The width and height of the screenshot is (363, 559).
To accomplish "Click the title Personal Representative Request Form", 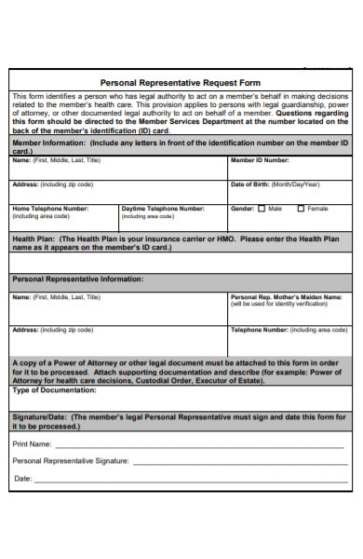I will [181, 83].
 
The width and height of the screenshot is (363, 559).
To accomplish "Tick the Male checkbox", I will [262, 209].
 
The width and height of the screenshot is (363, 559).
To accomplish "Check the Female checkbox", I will [301, 209].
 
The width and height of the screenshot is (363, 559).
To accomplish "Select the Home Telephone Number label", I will [50, 209].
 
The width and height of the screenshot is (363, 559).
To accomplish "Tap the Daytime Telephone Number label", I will [163, 209].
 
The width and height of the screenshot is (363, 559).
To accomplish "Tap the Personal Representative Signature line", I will [237, 462].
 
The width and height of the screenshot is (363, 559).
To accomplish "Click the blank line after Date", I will [186, 480].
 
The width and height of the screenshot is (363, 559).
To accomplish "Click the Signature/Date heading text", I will [38, 417].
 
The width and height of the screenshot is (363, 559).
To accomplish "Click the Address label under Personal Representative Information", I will [25, 330].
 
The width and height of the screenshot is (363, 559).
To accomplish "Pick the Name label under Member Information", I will [21, 160].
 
